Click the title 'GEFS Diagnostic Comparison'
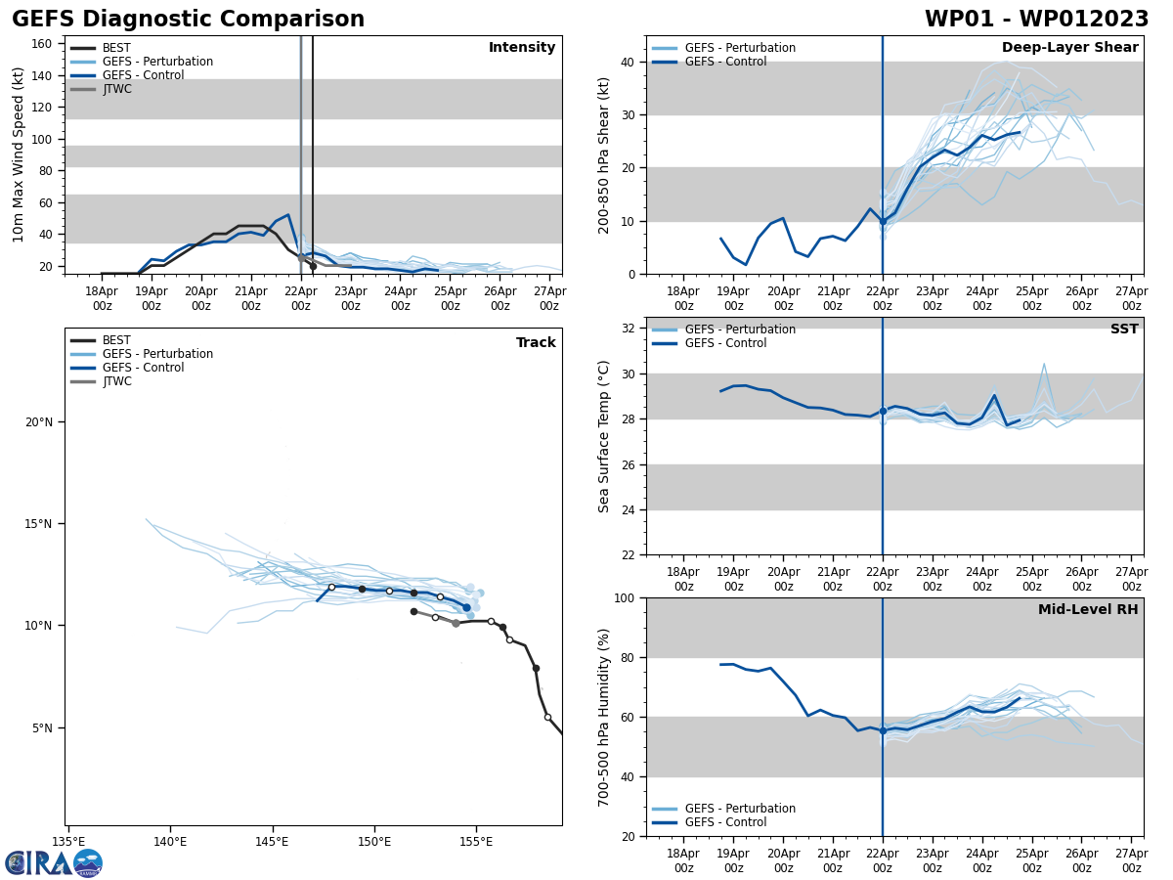pyautogui.click(x=188, y=20)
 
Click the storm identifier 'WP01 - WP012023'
pyautogui.click(x=1036, y=20)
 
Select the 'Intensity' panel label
pyautogui.click(x=522, y=48)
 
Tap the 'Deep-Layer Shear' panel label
pyautogui.click(x=1069, y=48)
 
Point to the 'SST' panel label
pyautogui.click(x=1123, y=330)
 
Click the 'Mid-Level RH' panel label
pyautogui.click(x=1088, y=610)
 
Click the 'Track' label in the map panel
pyautogui.click(x=536, y=343)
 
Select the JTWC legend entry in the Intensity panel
pyautogui.click(x=116, y=89)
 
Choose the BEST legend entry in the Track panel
pyautogui.click(x=116, y=340)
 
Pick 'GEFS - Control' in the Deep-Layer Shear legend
pyautogui.click(x=725, y=62)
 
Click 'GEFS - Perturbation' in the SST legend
pyautogui.click(x=740, y=330)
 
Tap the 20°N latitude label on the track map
pyautogui.click(x=40, y=422)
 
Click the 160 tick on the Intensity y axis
pyautogui.click(x=43, y=43)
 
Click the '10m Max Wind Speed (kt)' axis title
pyautogui.click(x=19, y=154)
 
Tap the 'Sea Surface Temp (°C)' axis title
pyautogui.click(x=605, y=436)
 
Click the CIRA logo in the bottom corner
pyautogui.click(x=54, y=862)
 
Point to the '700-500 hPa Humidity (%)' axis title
pyautogui.click(x=605, y=717)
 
